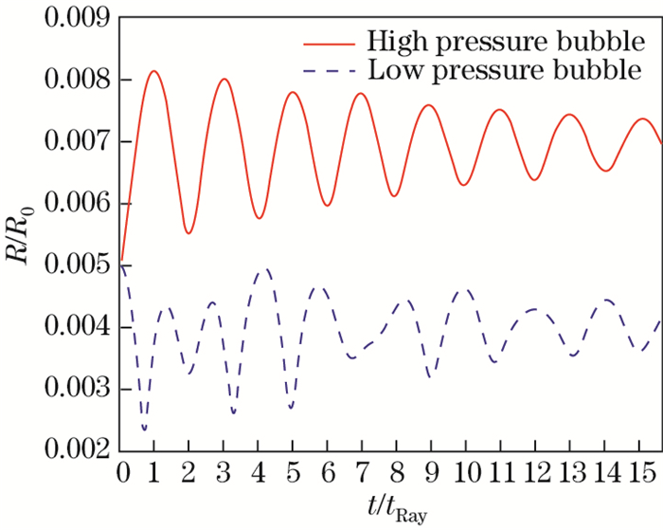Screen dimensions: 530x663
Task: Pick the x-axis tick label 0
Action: click(122, 471)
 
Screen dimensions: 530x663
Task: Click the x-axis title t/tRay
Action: click(391, 510)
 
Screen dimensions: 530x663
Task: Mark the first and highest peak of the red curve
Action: click(154, 71)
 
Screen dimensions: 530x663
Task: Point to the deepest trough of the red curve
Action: click(188, 233)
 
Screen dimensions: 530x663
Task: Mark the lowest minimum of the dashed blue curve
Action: click(145, 430)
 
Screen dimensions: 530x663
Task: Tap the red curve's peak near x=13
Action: click(569, 115)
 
